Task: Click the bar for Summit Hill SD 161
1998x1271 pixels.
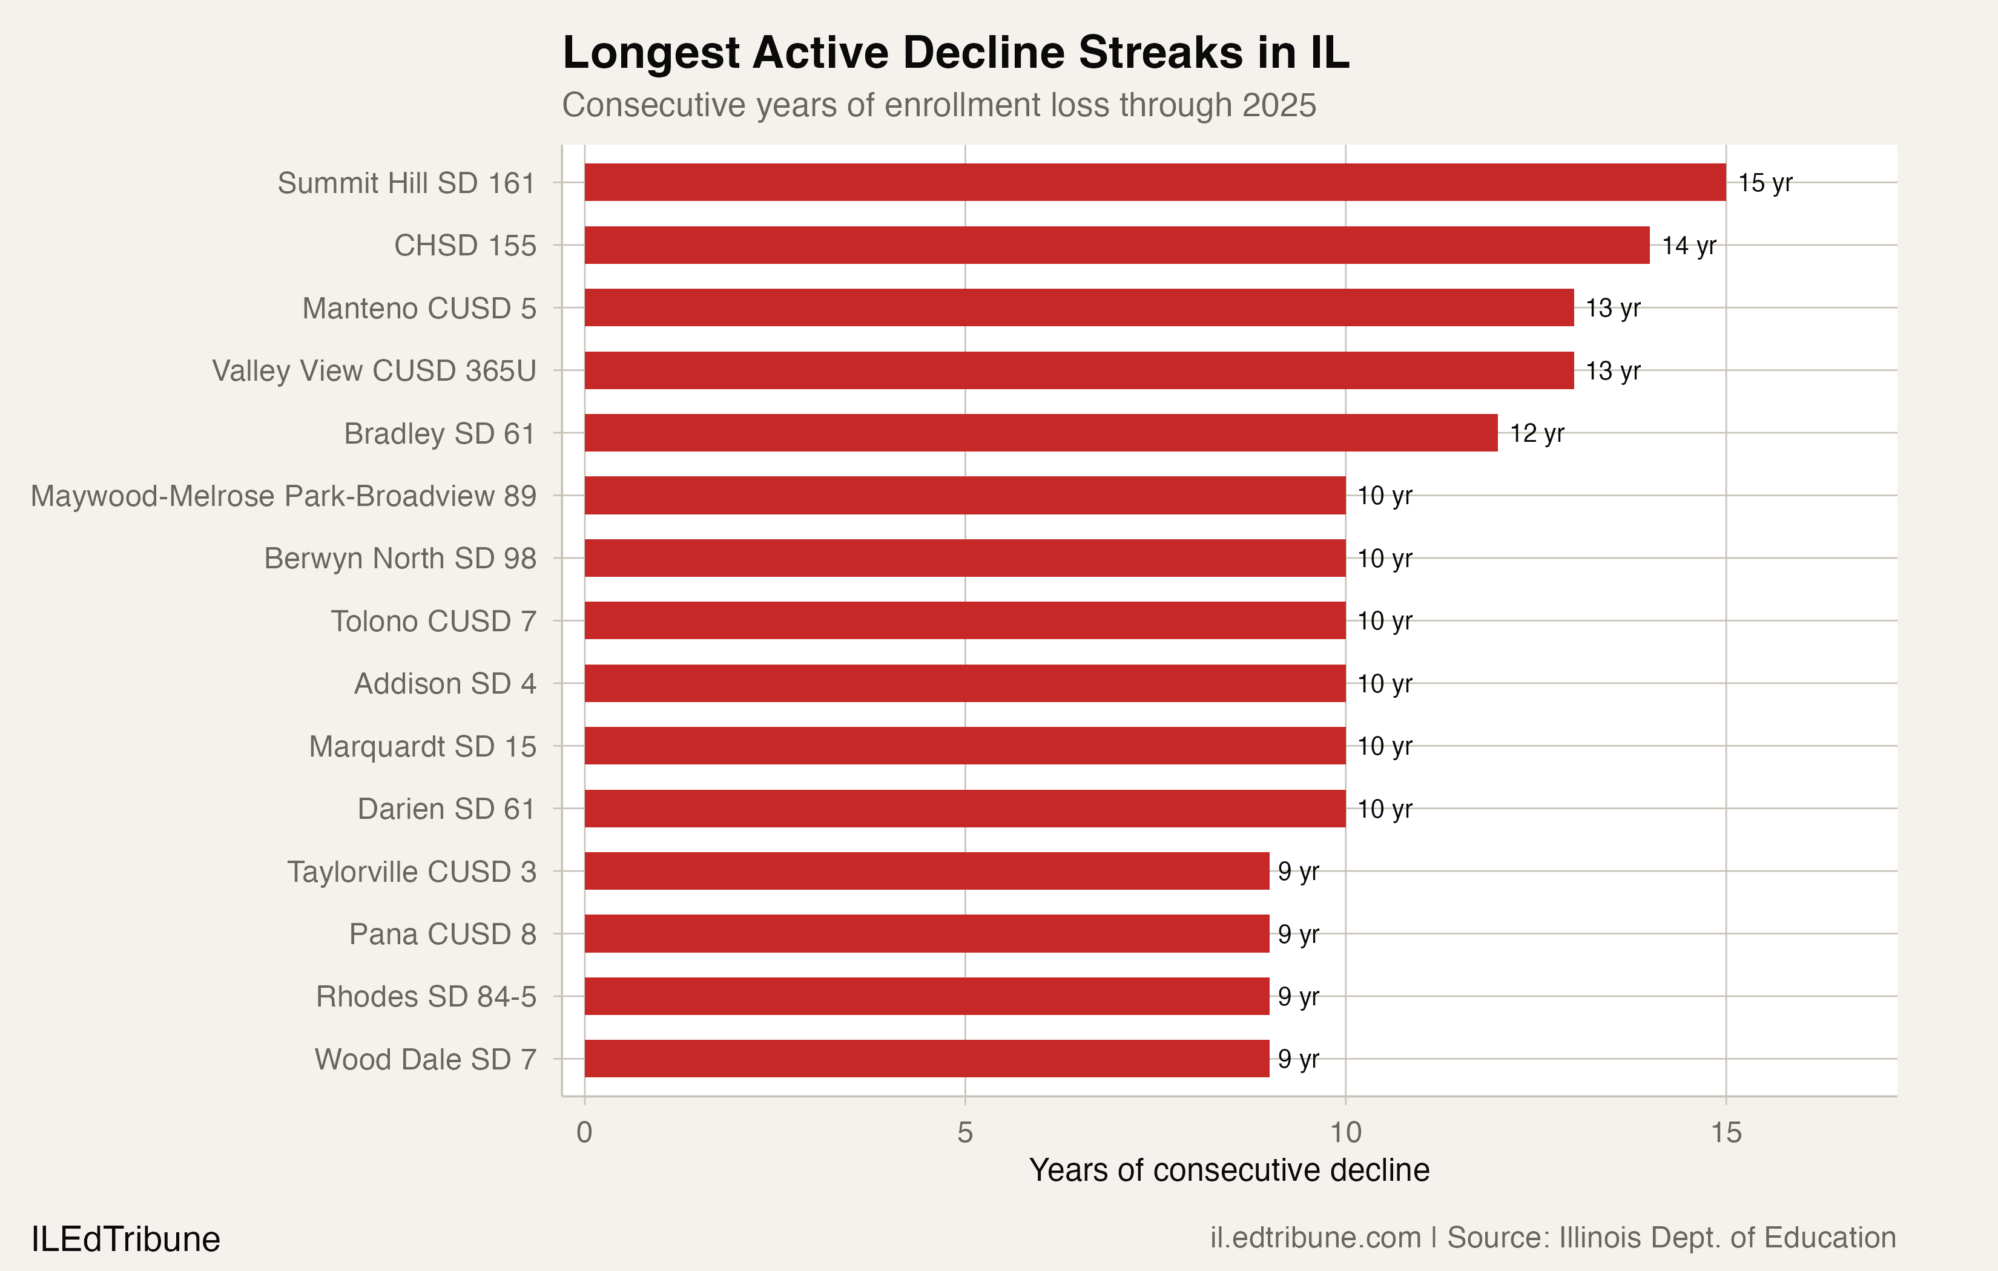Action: coord(1155,183)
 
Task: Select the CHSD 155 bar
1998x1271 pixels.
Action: coord(1117,246)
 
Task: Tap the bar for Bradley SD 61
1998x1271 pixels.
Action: coord(1041,433)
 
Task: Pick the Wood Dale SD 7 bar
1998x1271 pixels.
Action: coord(927,1059)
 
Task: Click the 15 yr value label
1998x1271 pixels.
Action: coord(1765,183)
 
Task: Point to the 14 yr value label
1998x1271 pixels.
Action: coord(1689,246)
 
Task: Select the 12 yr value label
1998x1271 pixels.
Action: coord(1537,433)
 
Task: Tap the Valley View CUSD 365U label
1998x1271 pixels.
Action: coord(374,371)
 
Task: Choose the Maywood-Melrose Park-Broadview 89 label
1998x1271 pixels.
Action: coord(284,496)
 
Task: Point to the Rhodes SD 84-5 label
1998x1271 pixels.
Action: coord(426,996)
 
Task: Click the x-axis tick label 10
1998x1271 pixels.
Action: coord(1345,1132)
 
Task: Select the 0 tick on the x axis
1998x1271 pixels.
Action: coord(584,1132)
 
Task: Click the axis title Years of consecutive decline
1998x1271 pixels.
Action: coord(1229,1170)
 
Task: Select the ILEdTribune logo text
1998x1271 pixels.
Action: coord(125,1239)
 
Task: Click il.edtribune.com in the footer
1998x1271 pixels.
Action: coord(1315,1237)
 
